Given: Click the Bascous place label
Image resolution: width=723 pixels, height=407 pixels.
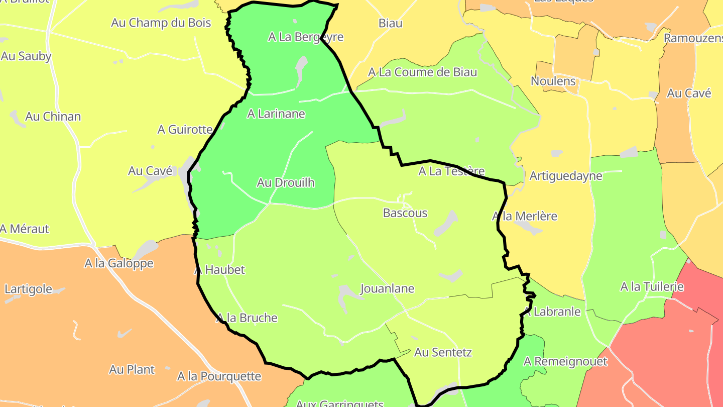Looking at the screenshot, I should (405, 213).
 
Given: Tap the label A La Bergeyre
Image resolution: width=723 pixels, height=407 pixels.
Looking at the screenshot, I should (306, 37).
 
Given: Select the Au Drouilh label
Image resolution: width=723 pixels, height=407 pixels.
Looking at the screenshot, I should (286, 182).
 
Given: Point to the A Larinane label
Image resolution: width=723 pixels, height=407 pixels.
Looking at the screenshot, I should (276, 114).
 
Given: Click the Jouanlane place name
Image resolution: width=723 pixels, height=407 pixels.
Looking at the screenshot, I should (387, 289).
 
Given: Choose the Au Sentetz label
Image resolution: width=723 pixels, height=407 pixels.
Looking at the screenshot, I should (443, 352).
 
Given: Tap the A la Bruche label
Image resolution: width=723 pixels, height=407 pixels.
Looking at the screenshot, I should (247, 318).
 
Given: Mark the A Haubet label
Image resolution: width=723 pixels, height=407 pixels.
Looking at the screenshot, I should (219, 270).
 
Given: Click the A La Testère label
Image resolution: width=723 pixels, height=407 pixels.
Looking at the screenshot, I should (451, 171).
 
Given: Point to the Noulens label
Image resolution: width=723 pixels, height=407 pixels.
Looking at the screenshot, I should (553, 81).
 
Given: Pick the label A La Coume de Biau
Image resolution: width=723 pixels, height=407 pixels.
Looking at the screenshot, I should (422, 72).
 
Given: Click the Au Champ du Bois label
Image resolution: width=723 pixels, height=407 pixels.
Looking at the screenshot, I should (161, 23).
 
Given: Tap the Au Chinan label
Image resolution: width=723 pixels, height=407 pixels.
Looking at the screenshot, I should (53, 117).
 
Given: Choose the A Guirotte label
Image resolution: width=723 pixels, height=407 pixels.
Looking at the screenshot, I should (185, 130).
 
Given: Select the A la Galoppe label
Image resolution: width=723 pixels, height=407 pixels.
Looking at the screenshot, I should (119, 263).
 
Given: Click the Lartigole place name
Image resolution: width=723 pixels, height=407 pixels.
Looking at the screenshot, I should (28, 289).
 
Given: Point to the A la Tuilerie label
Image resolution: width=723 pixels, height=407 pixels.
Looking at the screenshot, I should (652, 287).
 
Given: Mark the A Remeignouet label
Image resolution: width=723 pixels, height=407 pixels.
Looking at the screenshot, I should (565, 361).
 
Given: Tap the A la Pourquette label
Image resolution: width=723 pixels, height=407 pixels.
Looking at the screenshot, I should (219, 376).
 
